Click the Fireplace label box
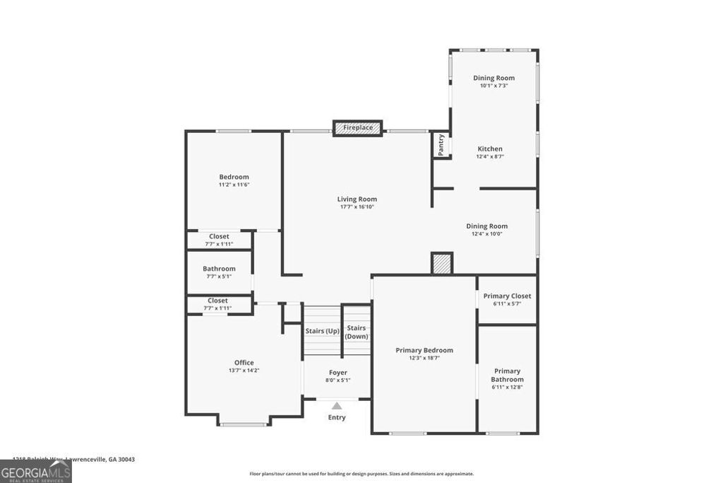click(x=357, y=128)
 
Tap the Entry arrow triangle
click(x=337, y=406)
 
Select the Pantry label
click(x=441, y=145)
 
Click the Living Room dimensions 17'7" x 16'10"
click(x=357, y=207)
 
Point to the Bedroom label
click(x=234, y=177)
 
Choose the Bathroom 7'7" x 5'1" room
click(x=219, y=272)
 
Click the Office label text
click(x=244, y=363)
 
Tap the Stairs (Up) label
click(x=323, y=331)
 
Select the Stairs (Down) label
click(x=357, y=332)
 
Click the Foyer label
click(x=337, y=373)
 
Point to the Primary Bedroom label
click(x=424, y=350)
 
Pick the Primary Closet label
click(x=507, y=296)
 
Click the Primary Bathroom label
click(x=507, y=375)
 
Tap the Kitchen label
click(x=490, y=149)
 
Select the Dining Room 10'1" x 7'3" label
click(x=494, y=78)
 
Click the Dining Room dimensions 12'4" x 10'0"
click(x=489, y=234)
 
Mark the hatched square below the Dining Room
click(x=442, y=263)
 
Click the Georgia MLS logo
click(x=36, y=472)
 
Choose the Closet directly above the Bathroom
click(x=219, y=240)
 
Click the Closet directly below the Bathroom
click(x=218, y=304)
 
